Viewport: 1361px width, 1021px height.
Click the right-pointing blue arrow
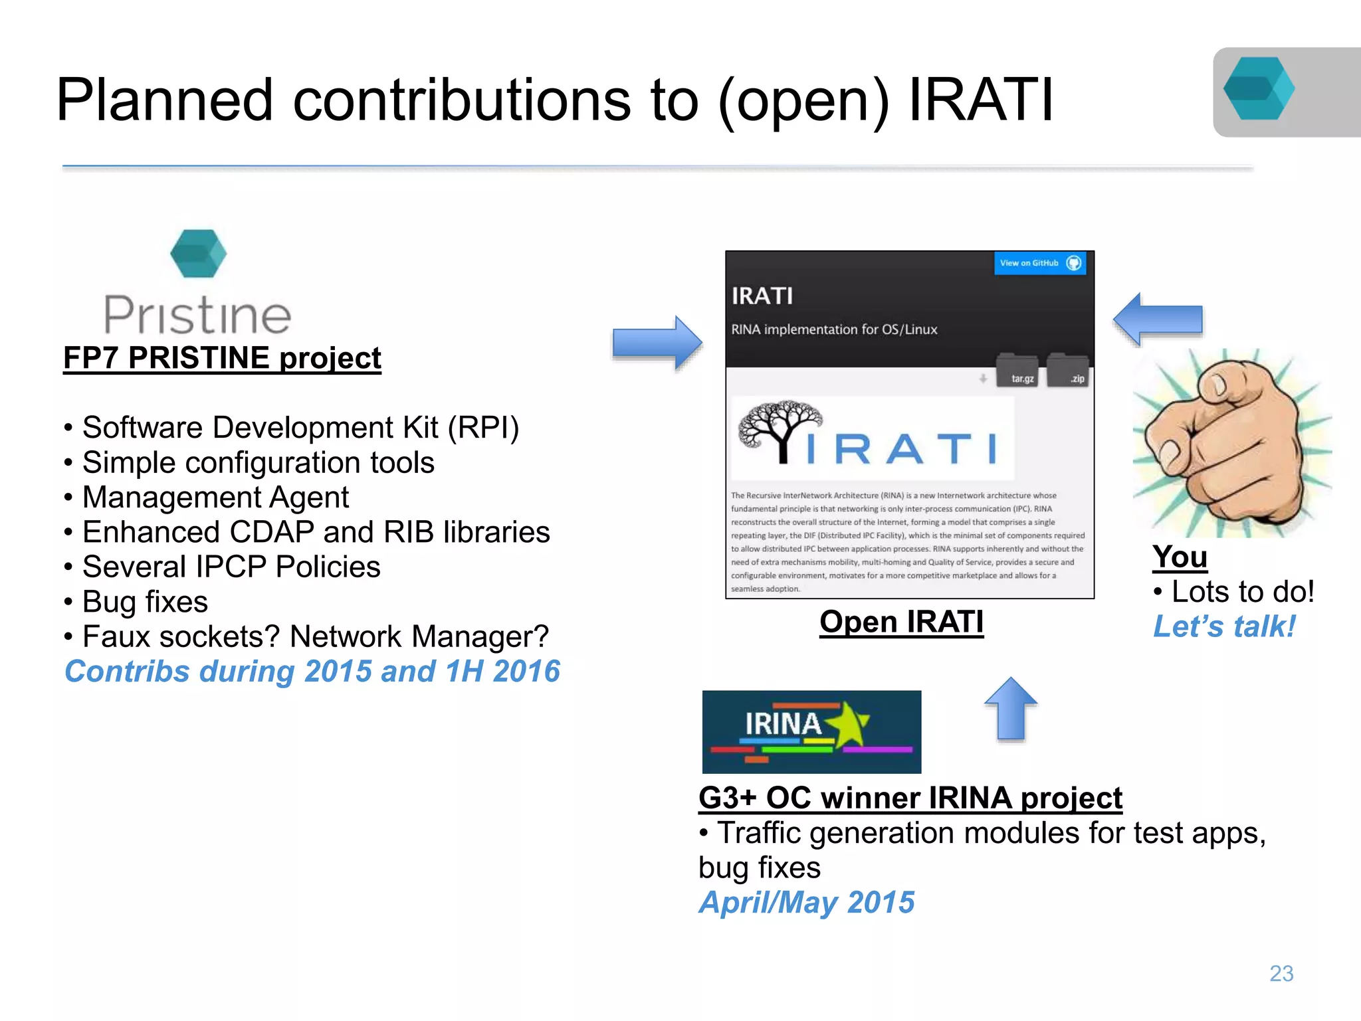point(657,343)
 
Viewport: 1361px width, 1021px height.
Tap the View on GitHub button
point(1039,263)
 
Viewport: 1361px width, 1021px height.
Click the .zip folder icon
point(1068,371)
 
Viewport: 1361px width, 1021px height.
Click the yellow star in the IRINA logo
point(848,725)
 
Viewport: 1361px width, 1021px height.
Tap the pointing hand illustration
point(1229,442)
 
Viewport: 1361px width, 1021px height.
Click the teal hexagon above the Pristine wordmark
point(198,253)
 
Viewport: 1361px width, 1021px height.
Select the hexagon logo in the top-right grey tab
point(1258,89)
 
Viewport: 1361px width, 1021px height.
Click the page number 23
point(1281,973)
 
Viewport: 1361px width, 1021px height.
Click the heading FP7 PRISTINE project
point(222,359)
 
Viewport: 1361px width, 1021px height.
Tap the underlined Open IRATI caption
point(901,622)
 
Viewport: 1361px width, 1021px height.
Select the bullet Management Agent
point(215,498)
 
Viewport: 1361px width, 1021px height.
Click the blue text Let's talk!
point(1223,626)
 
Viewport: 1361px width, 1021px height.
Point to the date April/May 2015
point(806,903)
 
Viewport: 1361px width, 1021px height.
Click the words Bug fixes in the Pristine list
point(145,602)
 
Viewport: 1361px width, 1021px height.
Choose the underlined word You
point(1179,557)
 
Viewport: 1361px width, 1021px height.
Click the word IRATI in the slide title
point(980,100)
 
